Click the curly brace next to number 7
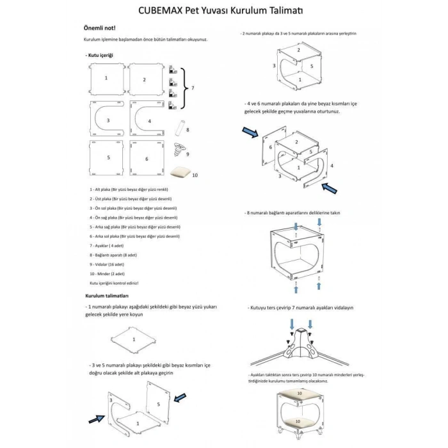pyautogui.click(x=186, y=88)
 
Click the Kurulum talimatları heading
pyautogui.click(x=108, y=296)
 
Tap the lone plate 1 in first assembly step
pyautogui.click(x=134, y=339)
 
